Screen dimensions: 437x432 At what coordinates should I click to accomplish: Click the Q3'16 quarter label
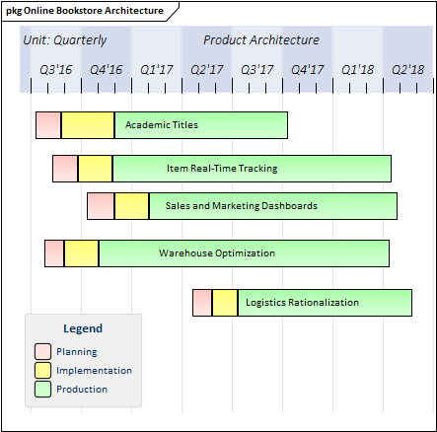click(x=55, y=70)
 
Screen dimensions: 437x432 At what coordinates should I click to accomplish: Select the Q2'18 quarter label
click(x=408, y=70)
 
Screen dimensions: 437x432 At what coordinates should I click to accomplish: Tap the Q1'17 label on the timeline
click(x=157, y=70)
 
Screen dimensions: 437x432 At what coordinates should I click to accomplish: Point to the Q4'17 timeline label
click(x=308, y=70)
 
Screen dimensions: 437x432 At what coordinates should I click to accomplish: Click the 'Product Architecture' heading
click(x=261, y=40)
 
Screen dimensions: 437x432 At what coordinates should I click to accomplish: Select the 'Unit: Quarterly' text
click(x=65, y=40)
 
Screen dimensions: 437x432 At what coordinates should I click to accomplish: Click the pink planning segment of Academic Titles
click(x=48, y=125)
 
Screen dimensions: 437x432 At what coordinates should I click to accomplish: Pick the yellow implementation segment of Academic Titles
click(x=88, y=125)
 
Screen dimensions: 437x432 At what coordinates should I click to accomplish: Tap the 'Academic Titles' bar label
click(x=162, y=125)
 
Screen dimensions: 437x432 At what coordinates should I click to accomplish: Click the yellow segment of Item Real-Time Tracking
click(x=95, y=169)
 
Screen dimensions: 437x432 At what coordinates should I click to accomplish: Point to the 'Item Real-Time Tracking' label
click(x=222, y=169)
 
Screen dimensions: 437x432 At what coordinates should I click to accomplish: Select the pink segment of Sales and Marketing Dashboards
click(x=101, y=206)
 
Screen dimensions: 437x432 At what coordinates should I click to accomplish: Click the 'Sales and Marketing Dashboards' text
click(x=242, y=206)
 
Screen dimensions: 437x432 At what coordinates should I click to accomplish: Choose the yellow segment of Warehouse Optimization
click(x=81, y=253)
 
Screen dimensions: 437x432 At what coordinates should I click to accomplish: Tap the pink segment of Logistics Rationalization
click(x=202, y=303)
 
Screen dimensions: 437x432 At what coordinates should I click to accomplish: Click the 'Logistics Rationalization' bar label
click(x=302, y=303)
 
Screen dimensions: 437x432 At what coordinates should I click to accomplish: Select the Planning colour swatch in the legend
click(x=42, y=351)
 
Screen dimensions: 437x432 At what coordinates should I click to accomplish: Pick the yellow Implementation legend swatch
click(x=42, y=371)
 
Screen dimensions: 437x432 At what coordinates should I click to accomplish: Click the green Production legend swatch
click(x=42, y=390)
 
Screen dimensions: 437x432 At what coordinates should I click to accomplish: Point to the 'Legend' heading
click(x=83, y=328)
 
